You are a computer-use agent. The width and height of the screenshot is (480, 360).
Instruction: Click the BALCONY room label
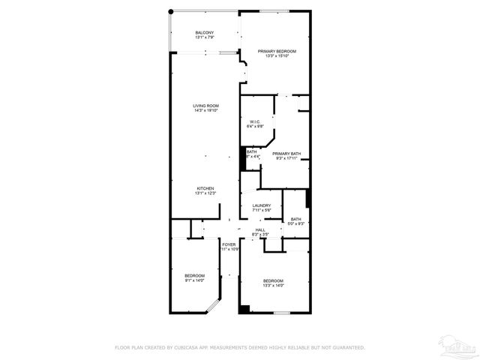[205, 32]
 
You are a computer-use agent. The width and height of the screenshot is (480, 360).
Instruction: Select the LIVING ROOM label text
[205, 106]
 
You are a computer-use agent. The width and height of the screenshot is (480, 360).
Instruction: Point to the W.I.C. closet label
[255, 121]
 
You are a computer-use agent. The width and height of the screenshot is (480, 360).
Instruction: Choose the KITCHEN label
[205, 188]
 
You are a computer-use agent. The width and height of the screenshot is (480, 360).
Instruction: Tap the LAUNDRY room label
[261, 205]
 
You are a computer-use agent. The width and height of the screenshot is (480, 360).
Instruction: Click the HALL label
[260, 229]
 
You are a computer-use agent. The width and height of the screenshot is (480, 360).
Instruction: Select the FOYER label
[229, 244]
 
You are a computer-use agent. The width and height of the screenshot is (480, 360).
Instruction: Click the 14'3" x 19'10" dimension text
[205, 111]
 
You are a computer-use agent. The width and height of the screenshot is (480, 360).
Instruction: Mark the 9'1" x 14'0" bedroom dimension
[194, 281]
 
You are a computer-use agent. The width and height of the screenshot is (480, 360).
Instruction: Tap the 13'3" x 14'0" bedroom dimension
[273, 286]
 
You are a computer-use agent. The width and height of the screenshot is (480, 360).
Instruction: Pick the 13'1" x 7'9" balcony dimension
[205, 37]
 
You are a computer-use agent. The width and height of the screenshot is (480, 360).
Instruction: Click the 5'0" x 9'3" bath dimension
[296, 223]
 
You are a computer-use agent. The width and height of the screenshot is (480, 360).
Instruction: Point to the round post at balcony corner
[171, 11]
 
